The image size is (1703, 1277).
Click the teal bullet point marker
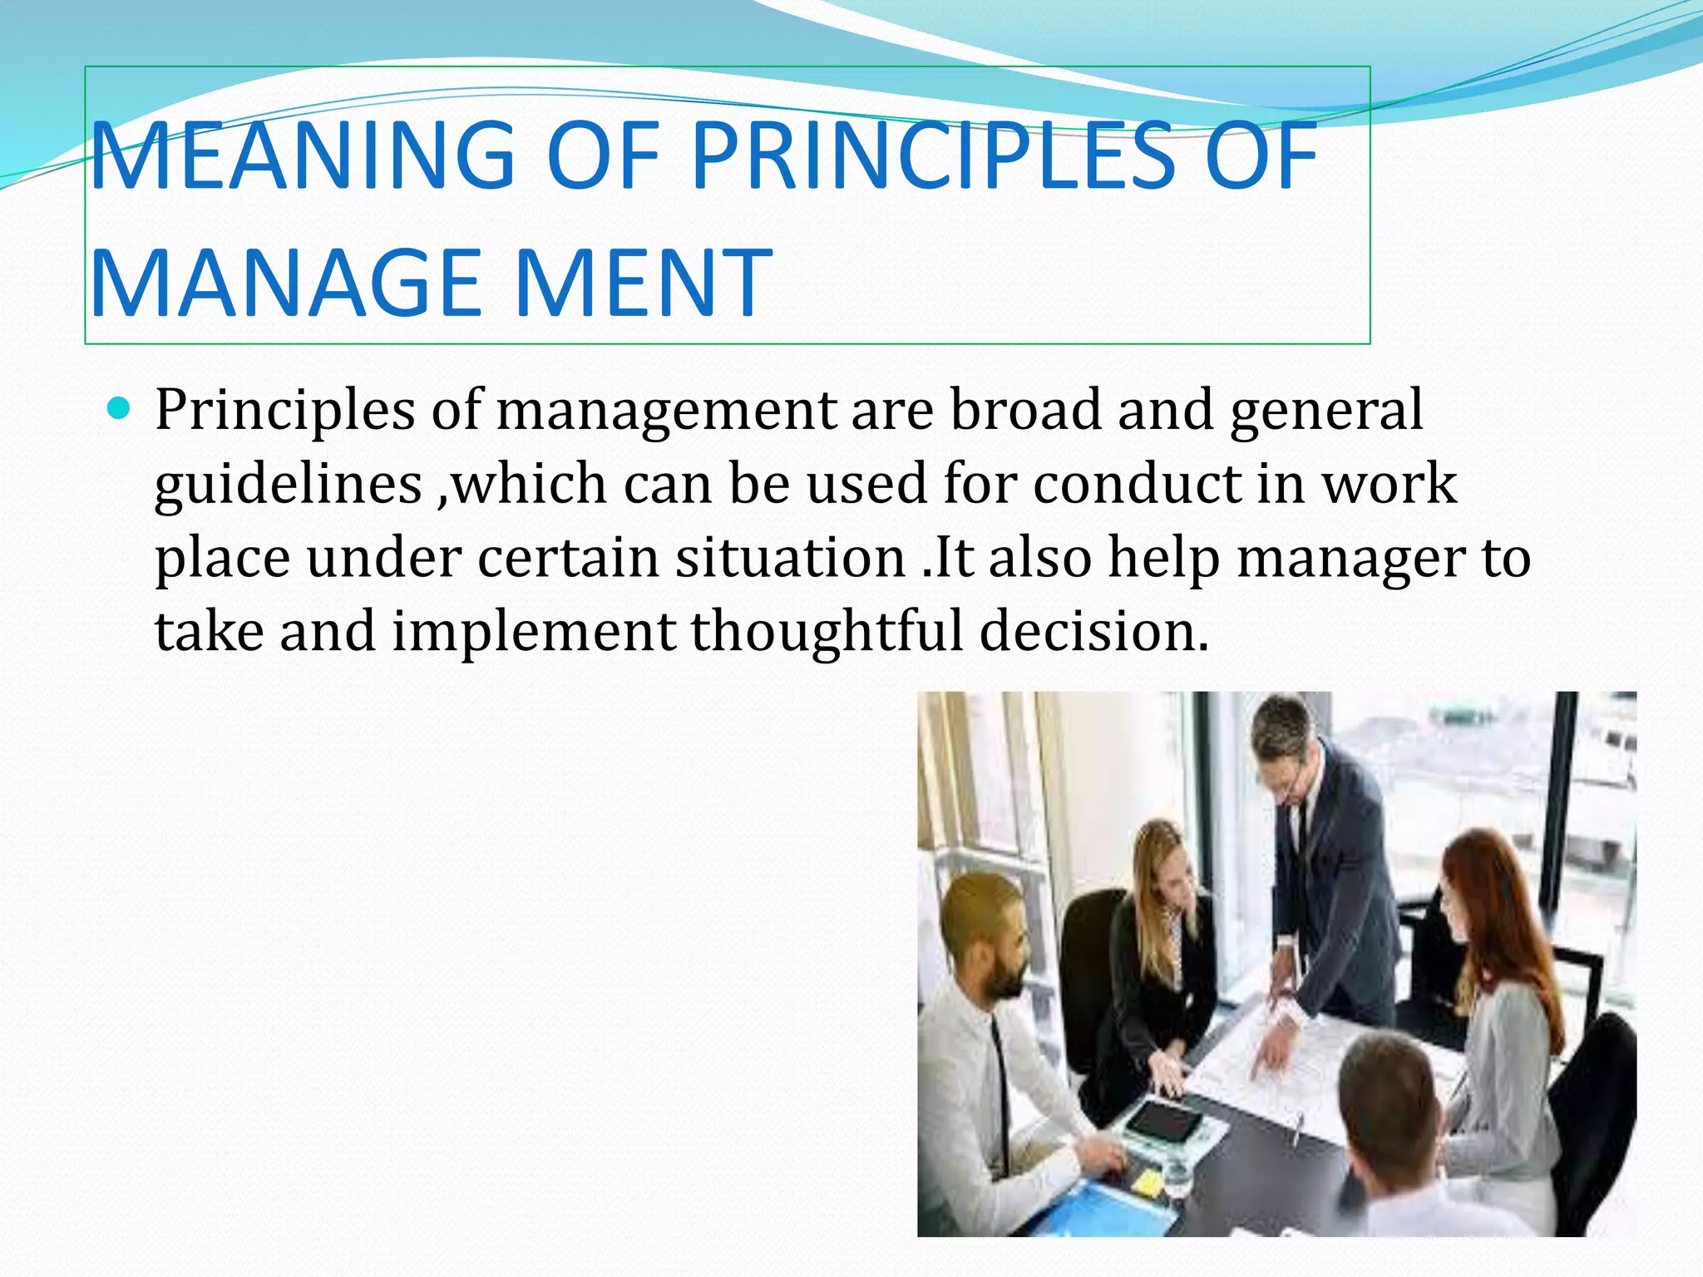pos(121,408)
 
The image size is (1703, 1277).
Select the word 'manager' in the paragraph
pos(1351,559)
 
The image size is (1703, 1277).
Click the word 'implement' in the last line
pos(533,631)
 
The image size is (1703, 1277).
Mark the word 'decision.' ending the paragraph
pos(1093,631)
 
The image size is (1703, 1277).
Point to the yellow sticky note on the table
pos(1148,1181)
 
